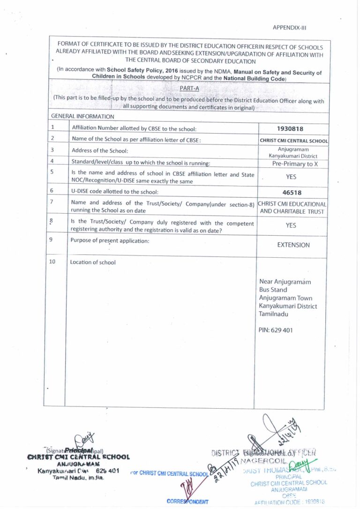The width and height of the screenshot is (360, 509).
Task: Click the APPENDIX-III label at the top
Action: coord(289,27)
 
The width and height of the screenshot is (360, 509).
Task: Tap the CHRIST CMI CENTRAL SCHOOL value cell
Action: coord(294,141)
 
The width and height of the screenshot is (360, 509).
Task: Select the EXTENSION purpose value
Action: coord(293,245)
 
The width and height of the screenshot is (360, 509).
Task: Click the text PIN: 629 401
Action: coord(276,330)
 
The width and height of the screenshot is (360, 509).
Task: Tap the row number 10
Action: coord(53,262)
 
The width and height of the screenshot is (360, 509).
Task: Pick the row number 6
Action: coord(52,191)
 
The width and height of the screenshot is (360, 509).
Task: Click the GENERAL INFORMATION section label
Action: coord(82,116)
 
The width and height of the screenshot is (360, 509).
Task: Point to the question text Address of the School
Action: coord(99,150)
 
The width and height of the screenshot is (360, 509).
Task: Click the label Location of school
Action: coord(93,262)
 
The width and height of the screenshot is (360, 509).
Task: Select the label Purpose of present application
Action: coord(110,240)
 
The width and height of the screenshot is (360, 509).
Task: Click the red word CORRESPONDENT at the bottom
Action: coord(187,502)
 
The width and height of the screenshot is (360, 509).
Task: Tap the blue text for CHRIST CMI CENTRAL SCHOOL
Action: coord(169,473)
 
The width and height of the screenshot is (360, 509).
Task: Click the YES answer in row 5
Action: coord(291,177)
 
